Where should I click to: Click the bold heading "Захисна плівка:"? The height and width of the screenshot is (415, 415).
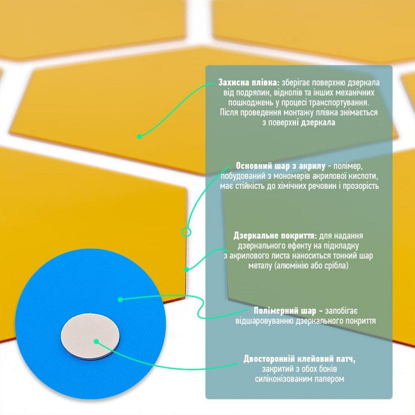coord(249,83)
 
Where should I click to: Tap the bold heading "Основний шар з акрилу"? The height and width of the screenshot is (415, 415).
coord(281,166)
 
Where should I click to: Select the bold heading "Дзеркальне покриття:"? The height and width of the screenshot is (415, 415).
coord(275,236)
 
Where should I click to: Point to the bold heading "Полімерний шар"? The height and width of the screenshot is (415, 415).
coord(285,311)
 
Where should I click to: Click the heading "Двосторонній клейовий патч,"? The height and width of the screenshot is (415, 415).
coord(300,359)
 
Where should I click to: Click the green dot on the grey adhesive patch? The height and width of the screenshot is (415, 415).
coord(96,342)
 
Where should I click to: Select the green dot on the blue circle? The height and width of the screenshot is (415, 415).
coord(120,299)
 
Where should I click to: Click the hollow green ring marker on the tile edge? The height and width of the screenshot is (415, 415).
coord(186,232)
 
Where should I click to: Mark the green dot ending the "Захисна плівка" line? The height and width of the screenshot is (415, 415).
coord(139,137)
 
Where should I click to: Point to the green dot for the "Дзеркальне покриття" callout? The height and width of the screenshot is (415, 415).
coord(186,270)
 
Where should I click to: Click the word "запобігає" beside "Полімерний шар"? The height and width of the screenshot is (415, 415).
coord(341,311)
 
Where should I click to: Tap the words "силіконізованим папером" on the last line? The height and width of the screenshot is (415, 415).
coord(300,379)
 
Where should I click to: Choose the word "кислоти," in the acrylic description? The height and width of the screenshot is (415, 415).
coord(362,176)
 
